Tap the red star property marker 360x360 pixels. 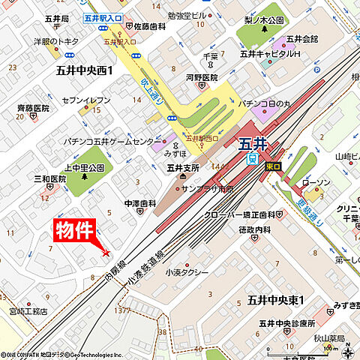click(106, 252)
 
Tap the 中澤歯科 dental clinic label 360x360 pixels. click(140, 202)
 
